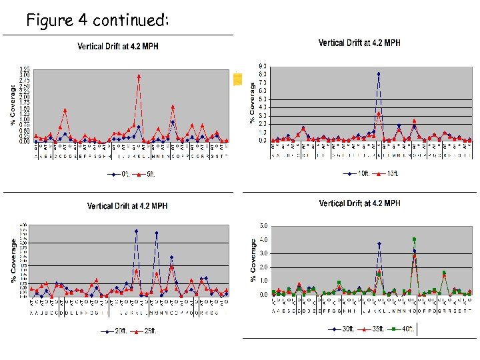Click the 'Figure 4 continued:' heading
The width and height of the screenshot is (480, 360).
97,21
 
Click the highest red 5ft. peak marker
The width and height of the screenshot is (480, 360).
139,77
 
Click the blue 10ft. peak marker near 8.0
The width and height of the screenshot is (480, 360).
379,74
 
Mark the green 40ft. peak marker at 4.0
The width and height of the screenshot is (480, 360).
414,239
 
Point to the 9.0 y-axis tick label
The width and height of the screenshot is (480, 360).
263,65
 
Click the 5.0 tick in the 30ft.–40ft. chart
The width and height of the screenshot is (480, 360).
264,225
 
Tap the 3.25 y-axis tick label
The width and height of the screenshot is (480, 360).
24,69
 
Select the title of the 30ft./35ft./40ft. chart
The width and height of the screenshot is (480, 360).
359,203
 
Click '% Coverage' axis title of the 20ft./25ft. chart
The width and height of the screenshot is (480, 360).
14,261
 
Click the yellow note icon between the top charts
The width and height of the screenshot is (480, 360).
237,79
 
